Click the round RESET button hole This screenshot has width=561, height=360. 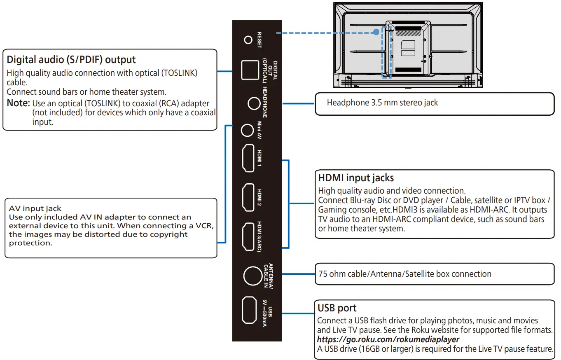point(248,40)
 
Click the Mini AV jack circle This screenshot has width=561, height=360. point(247,131)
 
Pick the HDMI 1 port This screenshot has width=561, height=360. point(248,158)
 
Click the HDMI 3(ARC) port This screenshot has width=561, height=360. point(248,236)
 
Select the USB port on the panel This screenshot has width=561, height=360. point(249,310)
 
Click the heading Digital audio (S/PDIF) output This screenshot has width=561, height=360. point(71,60)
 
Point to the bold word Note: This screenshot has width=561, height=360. point(18,103)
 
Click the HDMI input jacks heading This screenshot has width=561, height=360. point(356,178)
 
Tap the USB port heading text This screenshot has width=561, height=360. point(337,308)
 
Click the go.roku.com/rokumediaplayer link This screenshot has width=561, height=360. point(388,339)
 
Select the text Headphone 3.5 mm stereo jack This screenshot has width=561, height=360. point(382,103)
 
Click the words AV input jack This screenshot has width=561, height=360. point(35,209)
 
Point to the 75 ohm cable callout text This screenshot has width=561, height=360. point(404,274)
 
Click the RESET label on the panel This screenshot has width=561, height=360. point(259,40)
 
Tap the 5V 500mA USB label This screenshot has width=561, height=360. point(266,316)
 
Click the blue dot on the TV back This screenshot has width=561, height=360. point(376,32)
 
